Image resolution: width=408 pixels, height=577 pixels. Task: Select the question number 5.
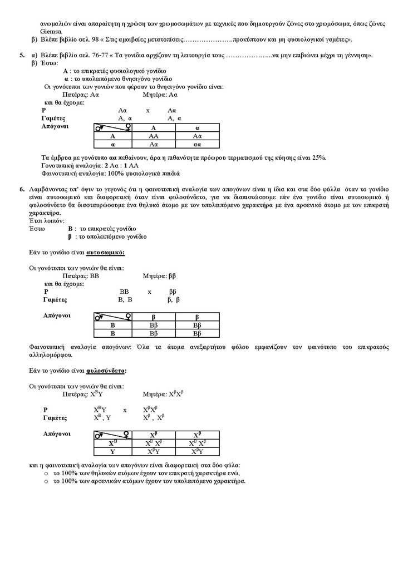pyautogui.click(x=22, y=56)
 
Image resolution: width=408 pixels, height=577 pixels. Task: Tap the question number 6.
pyautogui.click(x=22, y=190)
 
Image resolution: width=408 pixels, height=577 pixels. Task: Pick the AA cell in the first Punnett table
pyautogui.click(x=153, y=136)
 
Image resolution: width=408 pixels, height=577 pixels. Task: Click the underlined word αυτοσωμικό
pyautogui.click(x=106, y=252)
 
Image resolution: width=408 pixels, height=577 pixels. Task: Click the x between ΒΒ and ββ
pyautogui.click(x=149, y=291)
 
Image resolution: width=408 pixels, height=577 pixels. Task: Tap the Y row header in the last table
pyautogui.click(x=112, y=451)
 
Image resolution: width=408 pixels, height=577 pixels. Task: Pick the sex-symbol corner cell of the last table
pyautogui.click(x=112, y=435)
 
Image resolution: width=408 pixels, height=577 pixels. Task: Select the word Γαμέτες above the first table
pyautogui.click(x=54, y=119)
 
